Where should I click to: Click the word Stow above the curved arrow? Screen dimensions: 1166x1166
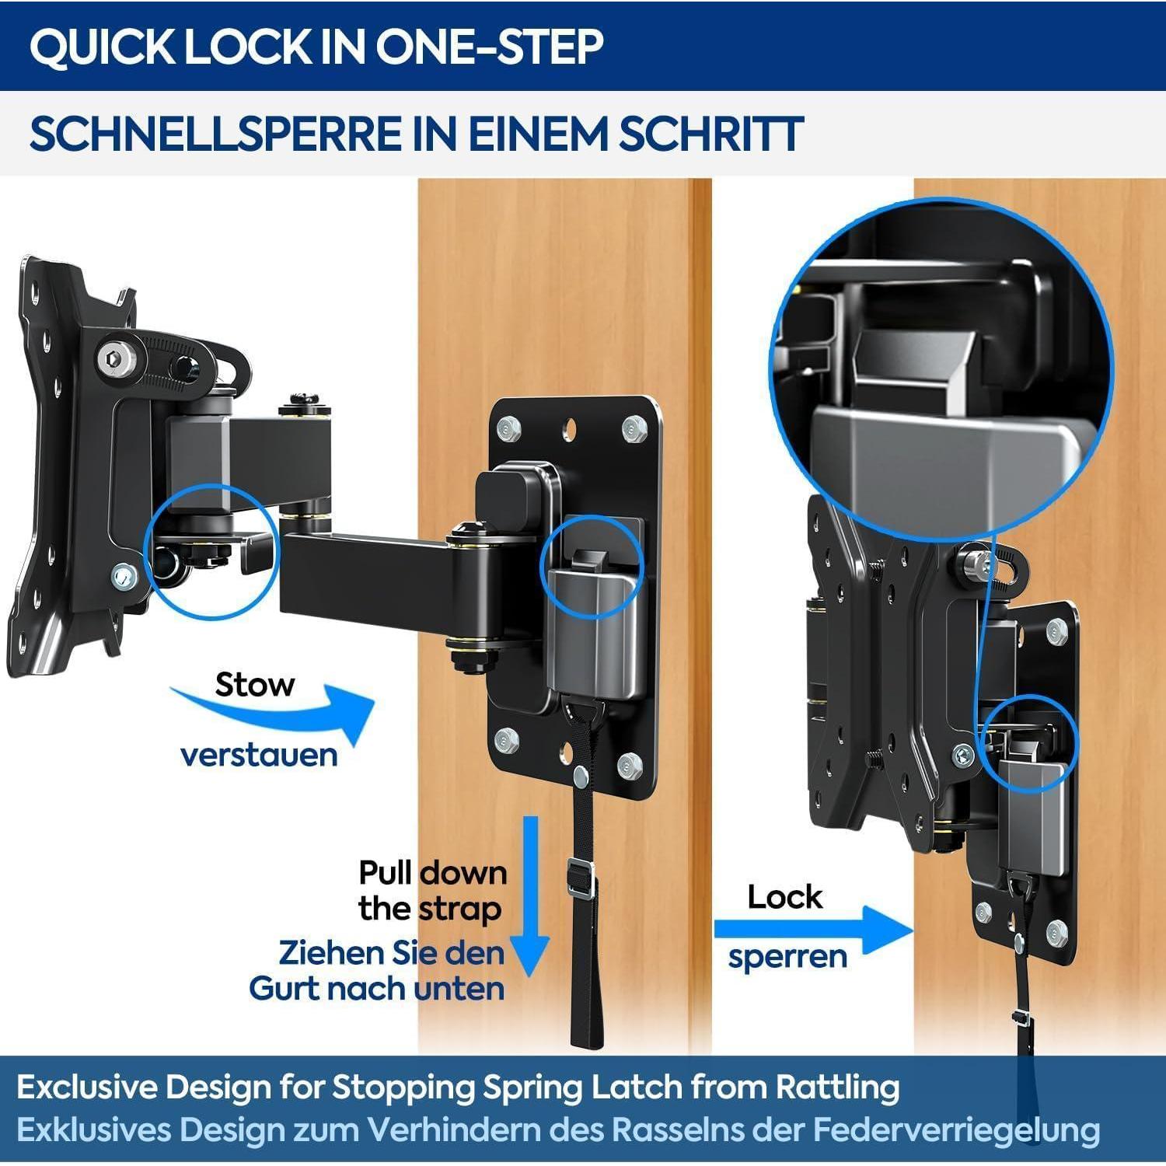tap(255, 685)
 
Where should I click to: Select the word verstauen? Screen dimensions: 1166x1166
tap(259, 755)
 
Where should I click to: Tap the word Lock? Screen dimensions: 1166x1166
tap(784, 897)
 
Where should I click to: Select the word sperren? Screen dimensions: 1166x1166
tap(787, 957)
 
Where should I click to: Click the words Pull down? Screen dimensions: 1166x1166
tap(432, 873)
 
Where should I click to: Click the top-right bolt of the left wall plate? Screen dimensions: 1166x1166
tap(634, 429)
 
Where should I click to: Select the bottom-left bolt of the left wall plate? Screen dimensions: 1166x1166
tap(506, 739)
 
